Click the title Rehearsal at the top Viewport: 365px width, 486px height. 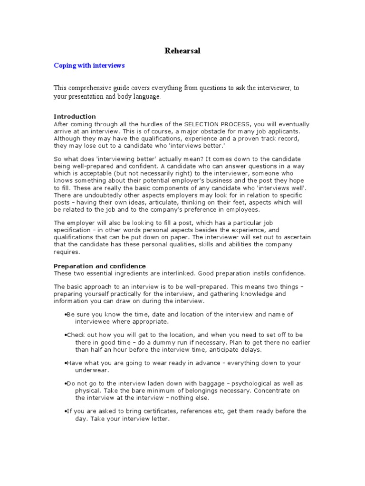[x=182, y=51]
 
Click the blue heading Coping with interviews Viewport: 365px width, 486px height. [x=89, y=65]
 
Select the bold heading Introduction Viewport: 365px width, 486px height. [x=75, y=116]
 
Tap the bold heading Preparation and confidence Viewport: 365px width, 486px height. [x=100, y=266]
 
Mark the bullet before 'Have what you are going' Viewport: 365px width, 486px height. [x=65, y=363]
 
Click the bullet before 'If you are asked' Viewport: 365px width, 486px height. [x=65, y=411]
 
